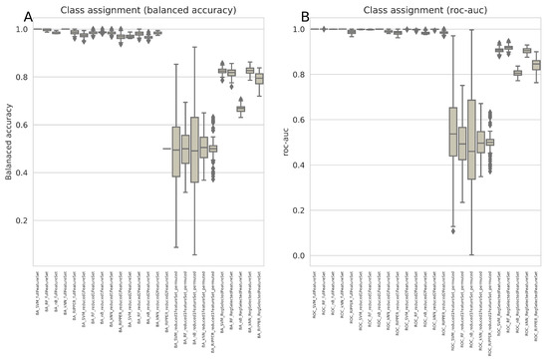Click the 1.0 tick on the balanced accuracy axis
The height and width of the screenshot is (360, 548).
coord(24,29)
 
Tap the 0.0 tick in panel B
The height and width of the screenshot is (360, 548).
coord(300,255)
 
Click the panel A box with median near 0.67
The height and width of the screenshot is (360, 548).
coord(240,108)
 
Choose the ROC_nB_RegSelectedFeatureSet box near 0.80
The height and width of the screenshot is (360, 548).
coord(516,73)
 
